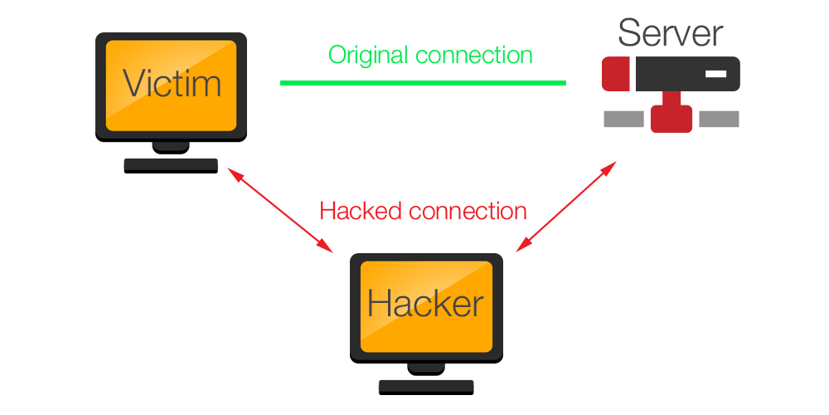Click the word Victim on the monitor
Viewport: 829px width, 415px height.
pos(172,84)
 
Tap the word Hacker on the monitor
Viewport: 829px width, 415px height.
pos(425,304)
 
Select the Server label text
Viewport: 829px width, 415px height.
pos(670,33)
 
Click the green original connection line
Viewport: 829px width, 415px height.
pos(423,83)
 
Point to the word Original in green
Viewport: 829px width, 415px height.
pos(369,56)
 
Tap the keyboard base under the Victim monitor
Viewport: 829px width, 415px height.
pos(171,164)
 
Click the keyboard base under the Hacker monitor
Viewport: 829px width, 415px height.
pos(426,385)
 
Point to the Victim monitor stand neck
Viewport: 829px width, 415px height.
pos(171,146)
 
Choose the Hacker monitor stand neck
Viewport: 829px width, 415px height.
pos(426,366)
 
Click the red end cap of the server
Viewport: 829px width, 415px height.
pos(615,74)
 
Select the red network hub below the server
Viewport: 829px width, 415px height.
pos(671,119)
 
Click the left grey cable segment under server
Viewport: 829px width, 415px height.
pos(623,120)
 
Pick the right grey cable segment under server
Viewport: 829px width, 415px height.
pos(719,120)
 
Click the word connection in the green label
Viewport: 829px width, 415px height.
pos(474,56)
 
